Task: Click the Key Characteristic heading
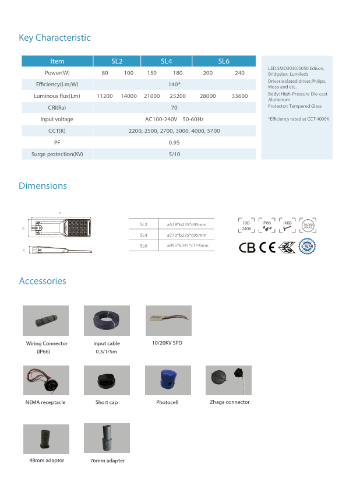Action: [x=55, y=38]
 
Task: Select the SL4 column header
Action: [x=166, y=61]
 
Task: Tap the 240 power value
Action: [x=239, y=73]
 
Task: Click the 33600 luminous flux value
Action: [x=239, y=96]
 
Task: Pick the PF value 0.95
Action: [x=174, y=143]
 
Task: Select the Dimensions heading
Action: [x=43, y=186]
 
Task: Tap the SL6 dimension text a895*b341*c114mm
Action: [x=187, y=245]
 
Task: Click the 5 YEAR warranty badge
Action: [x=307, y=247]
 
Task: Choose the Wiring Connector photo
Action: [x=46, y=321]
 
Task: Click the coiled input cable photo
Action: [x=107, y=321]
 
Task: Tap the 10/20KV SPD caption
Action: [x=167, y=343]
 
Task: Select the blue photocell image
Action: [x=168, y=380]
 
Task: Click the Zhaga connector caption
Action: [x=230, y=402]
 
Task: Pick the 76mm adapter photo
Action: [x=107, y=438]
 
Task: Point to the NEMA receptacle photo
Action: [x=46, y=380]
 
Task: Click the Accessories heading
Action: [x=43, y=281]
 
